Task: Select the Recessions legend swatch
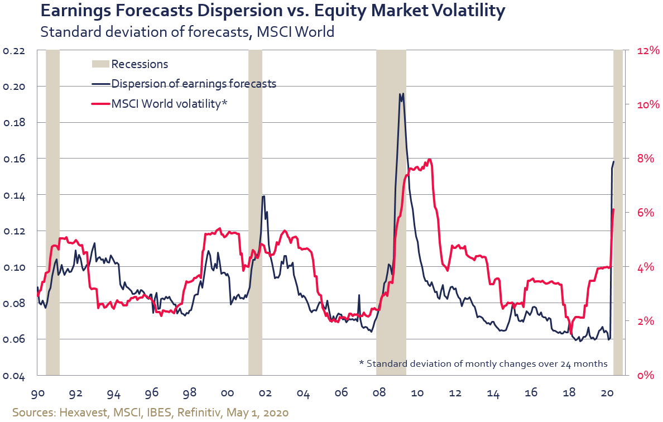100,64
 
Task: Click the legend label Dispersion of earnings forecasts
194,84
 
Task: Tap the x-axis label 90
38,394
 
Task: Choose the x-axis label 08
379,394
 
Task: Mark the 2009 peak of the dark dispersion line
401,94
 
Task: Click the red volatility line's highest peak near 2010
429,160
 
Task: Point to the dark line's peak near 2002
263,196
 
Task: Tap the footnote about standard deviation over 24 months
483,363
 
